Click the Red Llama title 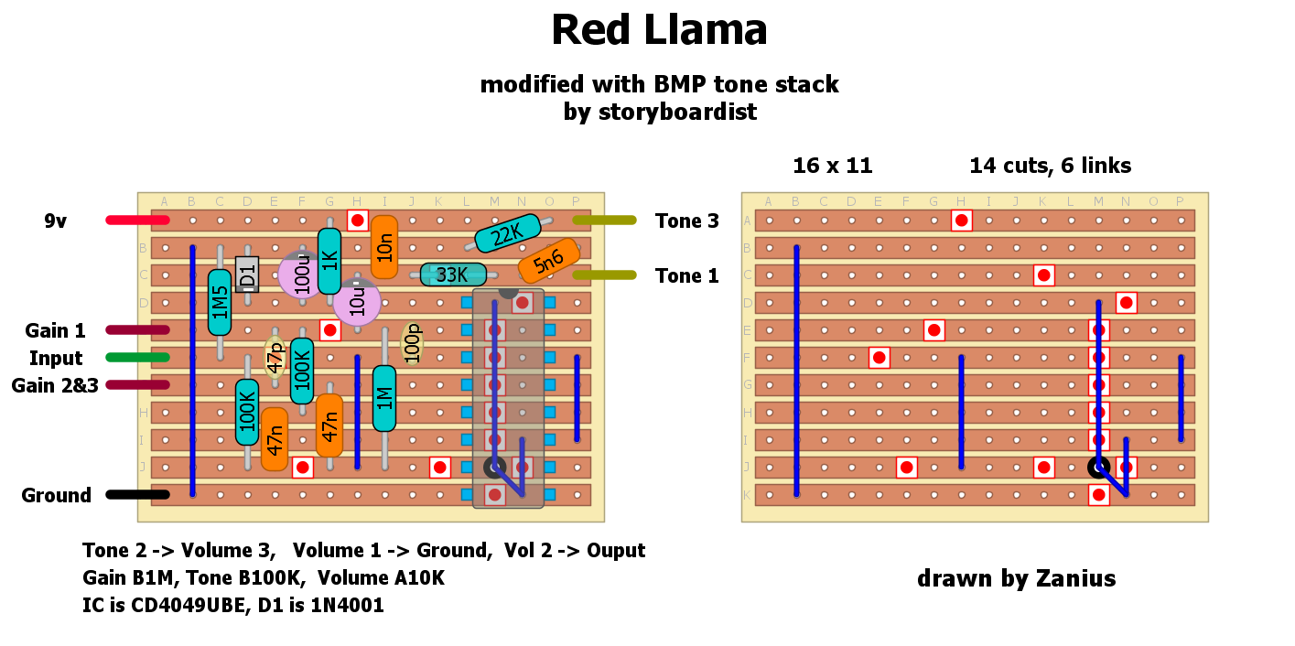click(659, 31)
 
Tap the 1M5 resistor click(220, 302)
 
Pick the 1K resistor click(329, 261)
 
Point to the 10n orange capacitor click(384, 247)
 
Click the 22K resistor click(505, 237)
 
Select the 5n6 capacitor click(548, 261)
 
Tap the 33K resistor click(453, 275)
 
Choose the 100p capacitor click(412, 343)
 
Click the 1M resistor click(384, 398)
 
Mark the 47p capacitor click(275, 357)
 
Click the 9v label click(55, 221)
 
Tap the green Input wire click(137, 358)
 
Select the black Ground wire click(137, 495)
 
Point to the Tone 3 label click(686, 221)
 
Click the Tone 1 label click(686, 275)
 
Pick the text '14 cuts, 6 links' click(1050, 166)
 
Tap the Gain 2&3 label click(54, 385)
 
